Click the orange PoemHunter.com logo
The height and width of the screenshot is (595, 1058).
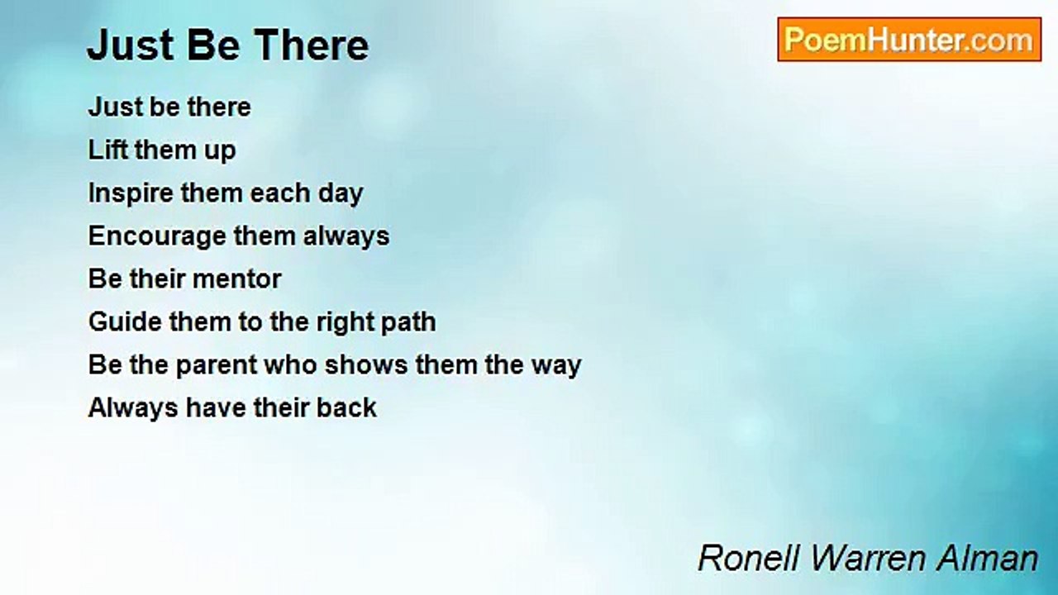[909, 40]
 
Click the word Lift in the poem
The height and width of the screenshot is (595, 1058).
[107, 150]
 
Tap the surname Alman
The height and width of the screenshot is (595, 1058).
[988, 558]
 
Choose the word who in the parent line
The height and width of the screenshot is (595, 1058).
[290, 365]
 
